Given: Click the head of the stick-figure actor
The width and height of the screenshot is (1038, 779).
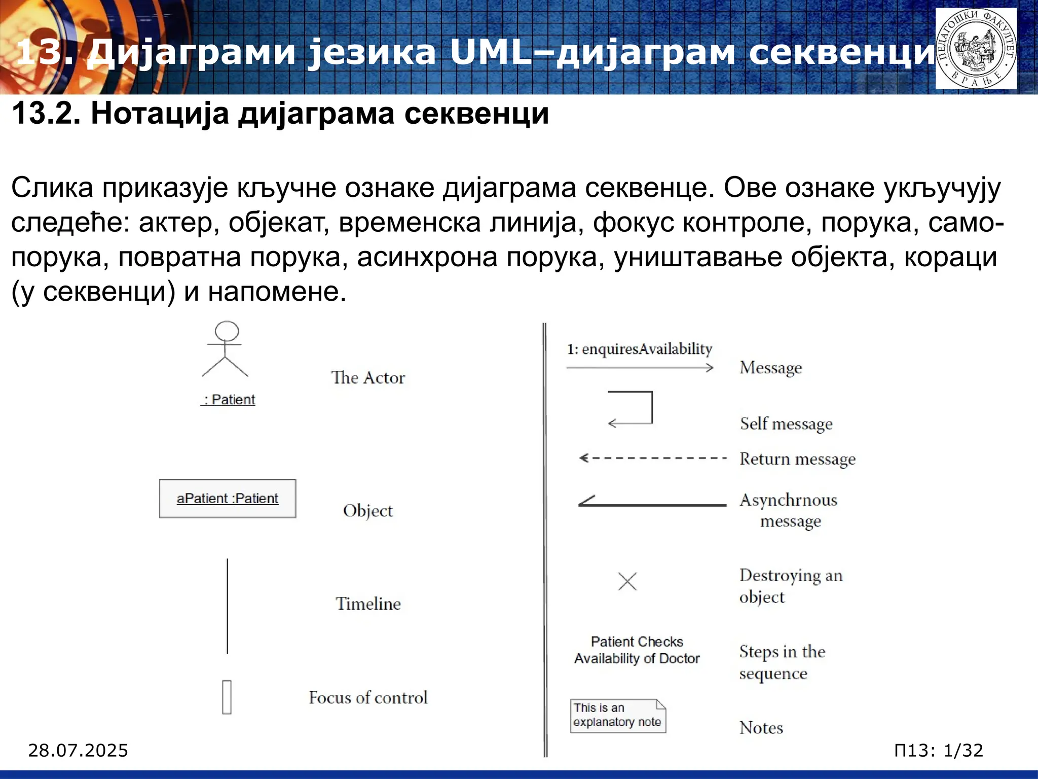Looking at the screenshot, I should (x=227, y=331).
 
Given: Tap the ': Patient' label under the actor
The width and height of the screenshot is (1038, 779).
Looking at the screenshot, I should (x=228, y=400).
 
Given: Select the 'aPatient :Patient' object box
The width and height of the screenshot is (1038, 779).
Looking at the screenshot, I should (x=228, y=499).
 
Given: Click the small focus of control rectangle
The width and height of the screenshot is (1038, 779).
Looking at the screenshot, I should (x=227, y=697).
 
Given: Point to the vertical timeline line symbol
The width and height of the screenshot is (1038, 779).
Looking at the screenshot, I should (x=227, y=606).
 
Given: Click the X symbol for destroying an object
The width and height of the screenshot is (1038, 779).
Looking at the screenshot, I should (x=627, y=581).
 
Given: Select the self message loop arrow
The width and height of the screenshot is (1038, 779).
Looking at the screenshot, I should (x=632, y=407).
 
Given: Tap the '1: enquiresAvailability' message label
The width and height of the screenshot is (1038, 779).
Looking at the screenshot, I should (x=640, y=349).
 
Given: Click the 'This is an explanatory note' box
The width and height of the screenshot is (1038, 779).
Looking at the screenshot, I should (x=618, y=716).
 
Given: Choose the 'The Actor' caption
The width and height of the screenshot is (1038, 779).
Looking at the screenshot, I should (x=368, y=378).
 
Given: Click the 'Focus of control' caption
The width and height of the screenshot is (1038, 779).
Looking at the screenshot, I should (x=368, y=697).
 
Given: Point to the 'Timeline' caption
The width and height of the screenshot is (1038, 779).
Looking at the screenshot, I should (x=368, y=604).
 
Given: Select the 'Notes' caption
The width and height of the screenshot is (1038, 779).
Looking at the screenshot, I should (x=761, y=728).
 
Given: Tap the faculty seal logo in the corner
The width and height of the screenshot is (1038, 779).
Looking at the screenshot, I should (x=976, y=49).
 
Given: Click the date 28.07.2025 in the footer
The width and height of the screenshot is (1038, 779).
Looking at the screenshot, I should (x=78, y=750).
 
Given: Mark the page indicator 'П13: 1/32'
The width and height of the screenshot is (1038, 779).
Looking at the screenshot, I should (x=939, y=750).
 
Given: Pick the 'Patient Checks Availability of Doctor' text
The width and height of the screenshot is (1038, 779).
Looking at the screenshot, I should (x=637, y=650).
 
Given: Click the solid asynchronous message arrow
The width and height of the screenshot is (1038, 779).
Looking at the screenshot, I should (x=653, y=504).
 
